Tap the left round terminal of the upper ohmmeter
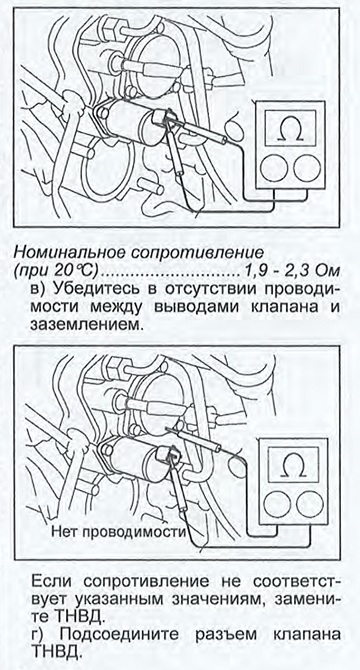click(273, 168)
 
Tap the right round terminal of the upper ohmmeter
click(307, 168)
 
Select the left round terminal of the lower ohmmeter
click(277, 503)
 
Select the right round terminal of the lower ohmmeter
click(310, 503)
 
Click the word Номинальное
click(65, 253)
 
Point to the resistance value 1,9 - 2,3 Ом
click(291, 270)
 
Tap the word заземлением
click(85, 326)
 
